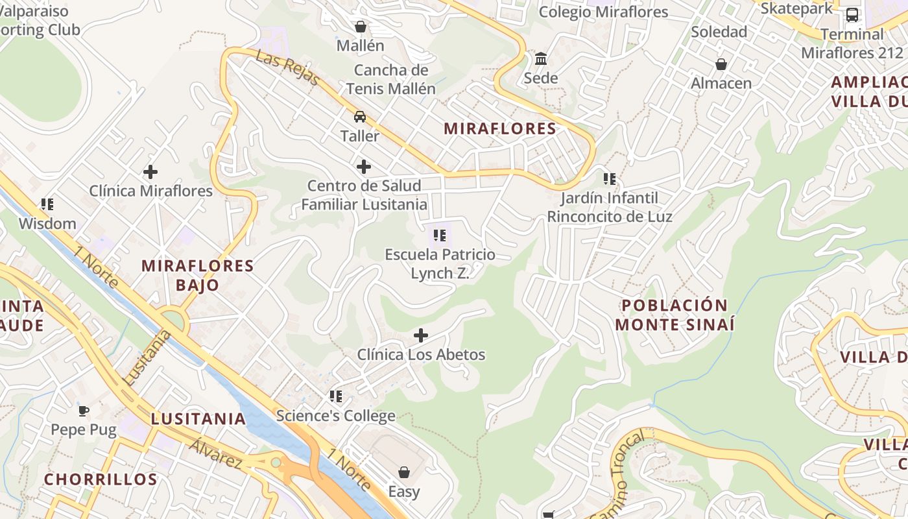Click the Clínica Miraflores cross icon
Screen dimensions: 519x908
(150, 172)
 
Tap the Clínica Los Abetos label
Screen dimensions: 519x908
(421, 355)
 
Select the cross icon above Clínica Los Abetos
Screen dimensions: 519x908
(421, 335)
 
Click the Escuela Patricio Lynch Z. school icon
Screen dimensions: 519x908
(440, 235)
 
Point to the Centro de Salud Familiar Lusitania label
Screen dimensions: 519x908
(364, 195)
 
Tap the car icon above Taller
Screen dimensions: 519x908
(360, 117)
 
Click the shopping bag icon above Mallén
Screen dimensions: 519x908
(361, 27)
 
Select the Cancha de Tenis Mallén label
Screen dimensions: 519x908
(390, 79)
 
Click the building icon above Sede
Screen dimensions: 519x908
(541, 59)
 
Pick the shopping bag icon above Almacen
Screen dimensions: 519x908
(721, 64)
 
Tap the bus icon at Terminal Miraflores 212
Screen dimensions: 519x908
(852, 15)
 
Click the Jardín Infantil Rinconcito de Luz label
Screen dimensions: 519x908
(610, 207)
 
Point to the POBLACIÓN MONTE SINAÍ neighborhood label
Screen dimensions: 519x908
(675, 315)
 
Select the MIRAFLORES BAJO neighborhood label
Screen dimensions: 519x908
(198, 275)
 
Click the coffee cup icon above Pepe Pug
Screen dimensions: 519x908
(84, 410)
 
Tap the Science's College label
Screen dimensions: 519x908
(335, 416)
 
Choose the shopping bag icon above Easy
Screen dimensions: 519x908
(404, 472)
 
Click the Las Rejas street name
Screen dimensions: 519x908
(287, 67)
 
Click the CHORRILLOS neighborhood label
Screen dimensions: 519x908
(101, 479)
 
